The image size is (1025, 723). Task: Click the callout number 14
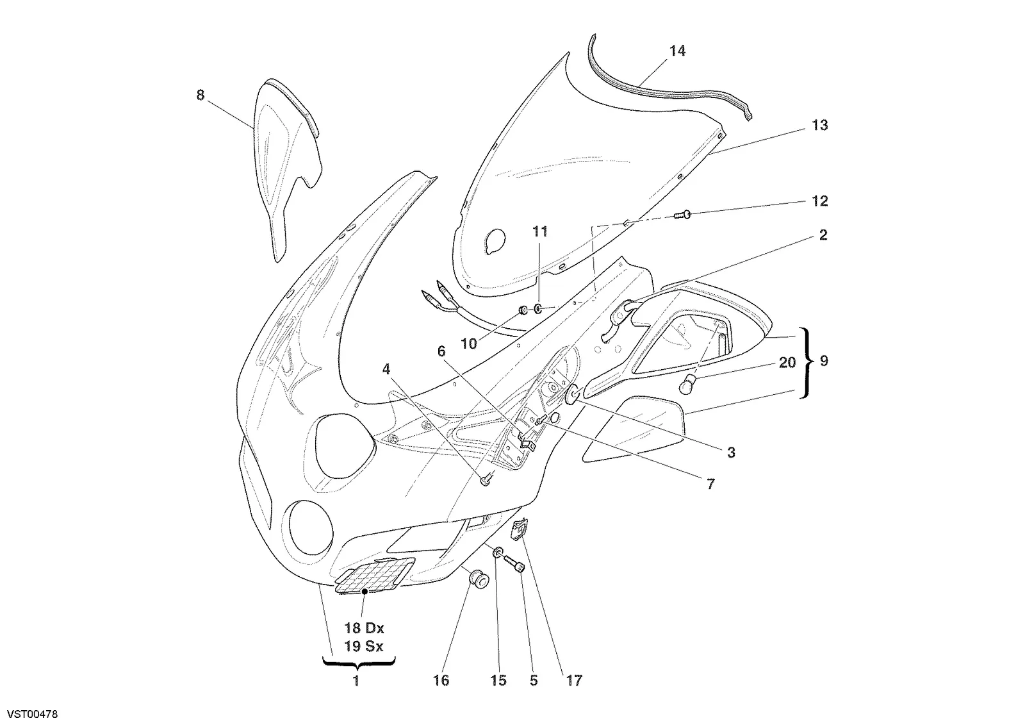pos(677,51)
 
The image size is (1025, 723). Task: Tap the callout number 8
pos(200,96)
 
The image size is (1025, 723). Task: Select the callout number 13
pos(819,125)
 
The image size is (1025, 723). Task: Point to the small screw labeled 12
pos(683,214)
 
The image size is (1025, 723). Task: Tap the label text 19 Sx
pos(364,647)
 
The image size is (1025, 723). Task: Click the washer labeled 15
pos(498,553)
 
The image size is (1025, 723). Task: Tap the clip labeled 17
pos(518,529)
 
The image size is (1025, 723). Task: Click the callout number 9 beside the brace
pos(824,361)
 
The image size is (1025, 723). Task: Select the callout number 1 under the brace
pos(356,681)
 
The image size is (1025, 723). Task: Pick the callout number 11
pos(540,231)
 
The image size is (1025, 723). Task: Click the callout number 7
pos(710,484)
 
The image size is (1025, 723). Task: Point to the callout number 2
pos(823,235)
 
